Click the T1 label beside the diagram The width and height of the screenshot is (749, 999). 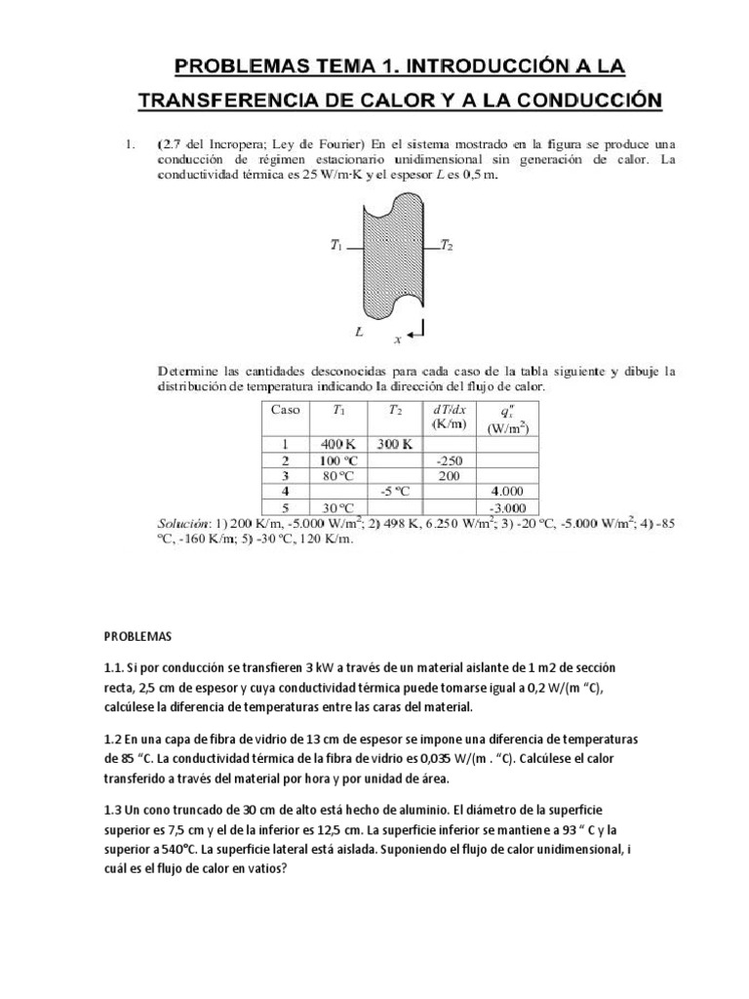point(336,247)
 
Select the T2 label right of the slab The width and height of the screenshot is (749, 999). point(447,246)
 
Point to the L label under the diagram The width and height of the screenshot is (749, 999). point(359,332)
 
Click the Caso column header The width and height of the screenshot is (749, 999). point(285,410)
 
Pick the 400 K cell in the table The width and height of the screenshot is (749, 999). point(336,444)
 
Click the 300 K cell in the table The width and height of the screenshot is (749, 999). point(395,444)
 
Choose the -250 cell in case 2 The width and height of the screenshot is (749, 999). point(449,460)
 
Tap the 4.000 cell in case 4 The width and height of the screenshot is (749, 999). point(508,492)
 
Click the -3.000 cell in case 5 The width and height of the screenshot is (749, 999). point(508,508)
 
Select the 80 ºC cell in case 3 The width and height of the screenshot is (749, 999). point(336,476)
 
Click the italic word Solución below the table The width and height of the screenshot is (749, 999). point(186,523)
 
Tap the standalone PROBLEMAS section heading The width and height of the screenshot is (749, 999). point(138,636)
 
